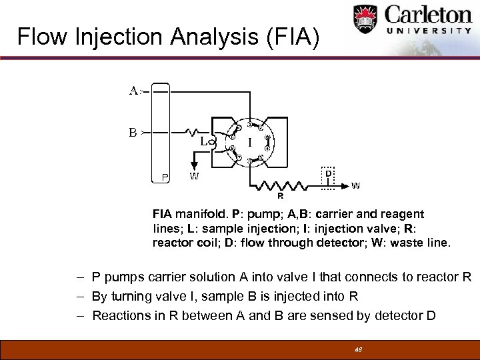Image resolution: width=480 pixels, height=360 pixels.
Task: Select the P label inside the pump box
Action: [164, 177]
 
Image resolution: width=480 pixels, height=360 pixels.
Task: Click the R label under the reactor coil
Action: [281, 196]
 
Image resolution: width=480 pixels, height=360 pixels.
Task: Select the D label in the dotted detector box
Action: [328, 173]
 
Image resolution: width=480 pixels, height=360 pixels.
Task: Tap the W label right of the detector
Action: [356, 185]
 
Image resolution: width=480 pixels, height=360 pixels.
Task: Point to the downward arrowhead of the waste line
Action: [194, 166]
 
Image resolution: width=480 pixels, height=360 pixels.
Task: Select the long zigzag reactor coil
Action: [281, 184]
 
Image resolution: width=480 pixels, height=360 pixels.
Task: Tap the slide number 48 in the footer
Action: [357, 349]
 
